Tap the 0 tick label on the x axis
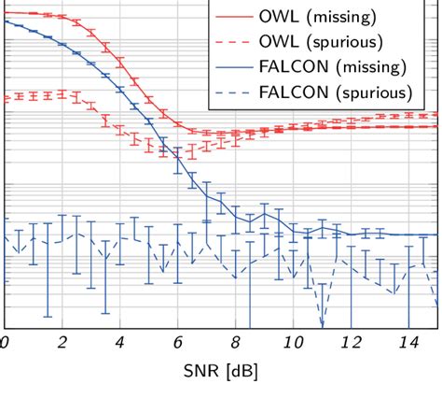pyautogui.click(x=5, y=344)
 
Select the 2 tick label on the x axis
pyautogui.click(x=62, y=344)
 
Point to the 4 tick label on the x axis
pyautogui.click(x=119, y=344)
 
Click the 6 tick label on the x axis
pyautogui.click(x=177, y=344)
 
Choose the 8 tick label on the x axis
pyautogui.click(x=235, y=344)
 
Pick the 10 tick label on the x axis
pyautogui.click(x=293, y=344)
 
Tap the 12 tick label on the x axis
pyautogui.click(x=351, y=344)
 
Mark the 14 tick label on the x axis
pyautogui.click(x=408, y=344)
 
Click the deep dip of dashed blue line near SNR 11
pyautogui.click(x=322, y=325)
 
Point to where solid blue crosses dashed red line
pyautogui.click(x=173, y=152)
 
